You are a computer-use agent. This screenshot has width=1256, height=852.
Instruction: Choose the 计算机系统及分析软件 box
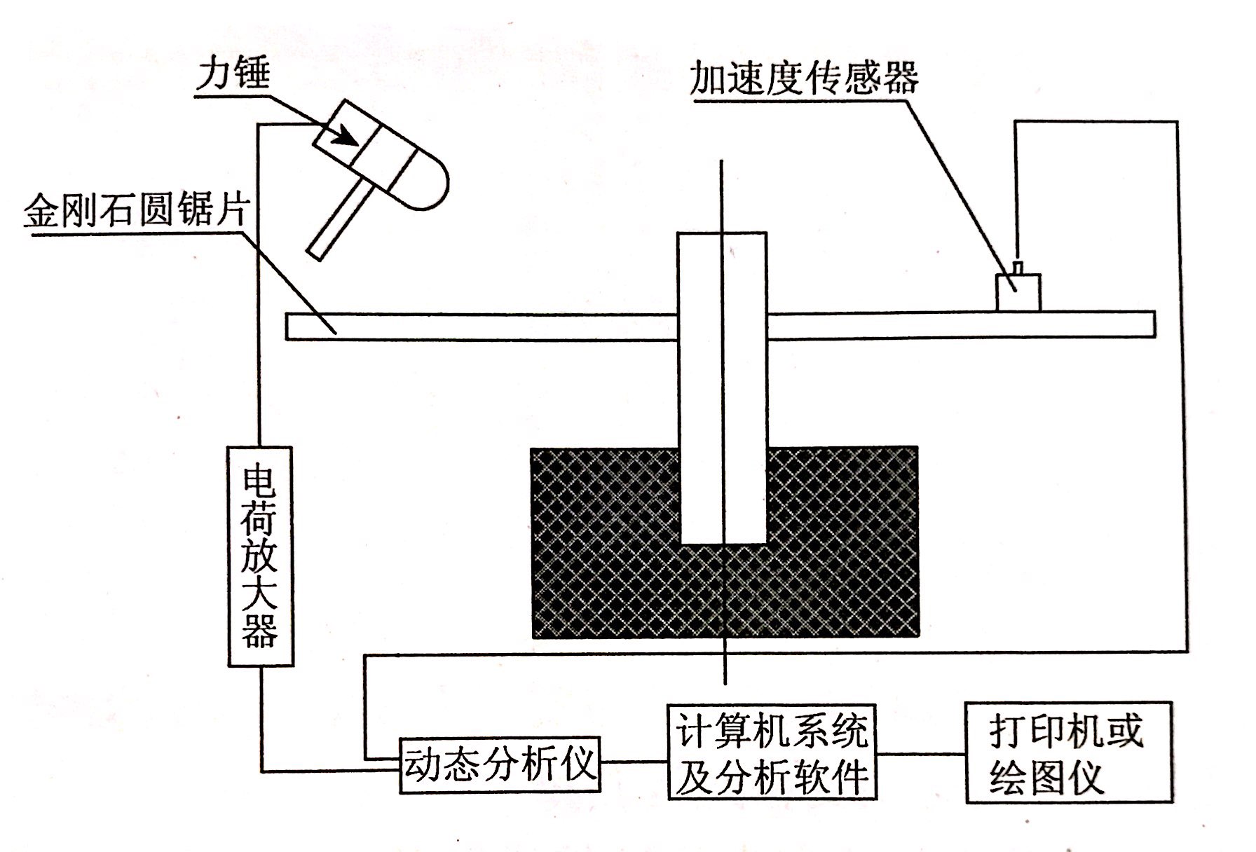pyautogui.click(x=772, y=751)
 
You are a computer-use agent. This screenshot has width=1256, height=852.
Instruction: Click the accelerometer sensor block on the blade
pyautogui.click(x=1018, y=293)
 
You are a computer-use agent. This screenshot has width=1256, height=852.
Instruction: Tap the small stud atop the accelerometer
pyautogui.click(x=1019, y=268)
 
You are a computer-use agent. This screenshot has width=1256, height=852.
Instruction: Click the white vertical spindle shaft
pyautogui.click(x=722, y=385)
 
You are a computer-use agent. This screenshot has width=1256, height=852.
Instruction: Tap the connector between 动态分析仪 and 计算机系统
pyautogui.click(x=634, y=762)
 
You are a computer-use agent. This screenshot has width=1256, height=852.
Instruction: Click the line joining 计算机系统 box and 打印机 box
pyautogui.click(x=921, y=755)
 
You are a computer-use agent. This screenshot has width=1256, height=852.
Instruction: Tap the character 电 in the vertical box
pyautogui.click(x=260, y=481)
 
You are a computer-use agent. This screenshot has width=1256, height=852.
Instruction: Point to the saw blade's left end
pyautogui.click(x=294, y=327)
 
